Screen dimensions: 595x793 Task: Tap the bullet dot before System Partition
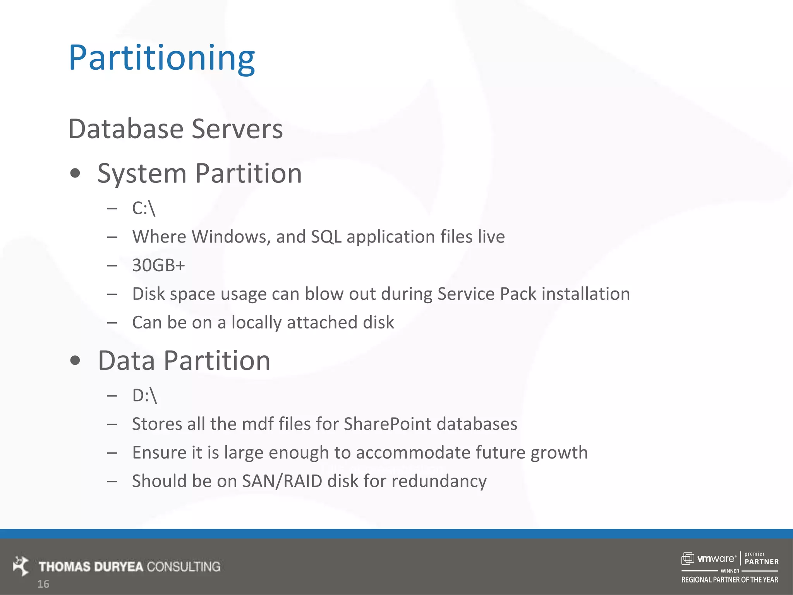coord(75,173)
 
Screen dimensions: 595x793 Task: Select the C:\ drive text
coord(144,208)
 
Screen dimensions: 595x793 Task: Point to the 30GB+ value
coord(158,265)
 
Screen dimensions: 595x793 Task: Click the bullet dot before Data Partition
coord(75,361)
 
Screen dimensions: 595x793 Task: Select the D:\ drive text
coord(144,396)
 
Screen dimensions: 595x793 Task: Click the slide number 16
coord(43,584)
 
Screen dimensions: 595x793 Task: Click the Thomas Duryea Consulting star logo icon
coord(21,566)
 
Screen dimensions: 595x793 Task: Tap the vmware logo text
coord(716,559)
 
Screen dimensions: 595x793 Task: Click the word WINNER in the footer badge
coord(729,571)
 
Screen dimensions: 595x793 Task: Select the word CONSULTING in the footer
coord(184,567)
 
